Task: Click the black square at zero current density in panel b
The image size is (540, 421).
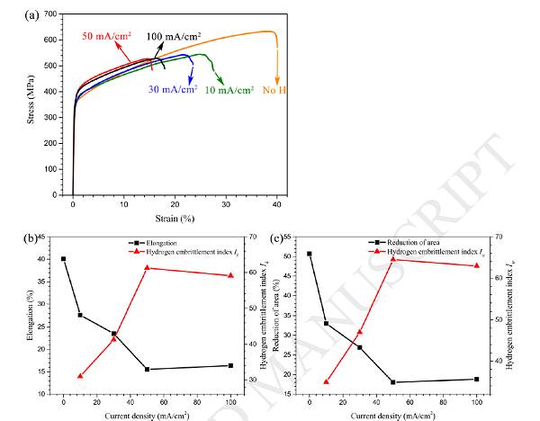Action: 63,259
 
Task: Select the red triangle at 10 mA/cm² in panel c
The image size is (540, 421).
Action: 326,381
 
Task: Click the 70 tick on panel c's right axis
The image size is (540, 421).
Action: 497,237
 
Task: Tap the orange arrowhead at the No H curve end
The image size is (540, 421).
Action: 277,78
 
